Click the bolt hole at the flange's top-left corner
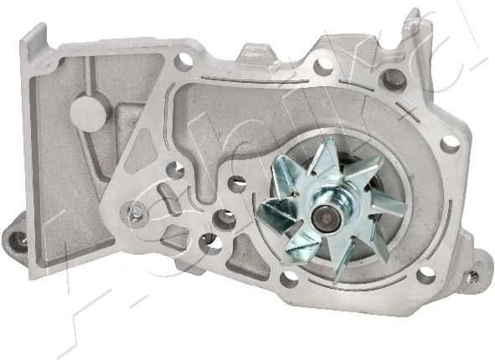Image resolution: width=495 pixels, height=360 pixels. [183, 59]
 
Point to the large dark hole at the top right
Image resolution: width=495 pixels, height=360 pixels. [392, 80]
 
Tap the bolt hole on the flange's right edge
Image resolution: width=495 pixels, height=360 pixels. [450, 144]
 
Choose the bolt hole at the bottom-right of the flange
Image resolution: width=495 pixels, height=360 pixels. [425, 274]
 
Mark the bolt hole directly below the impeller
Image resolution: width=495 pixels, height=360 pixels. [289, 278]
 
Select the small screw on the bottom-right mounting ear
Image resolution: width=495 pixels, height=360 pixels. [474, 275]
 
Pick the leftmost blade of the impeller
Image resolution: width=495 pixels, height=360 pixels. [274, 214]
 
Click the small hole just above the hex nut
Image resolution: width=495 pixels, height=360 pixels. [175, 170]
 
